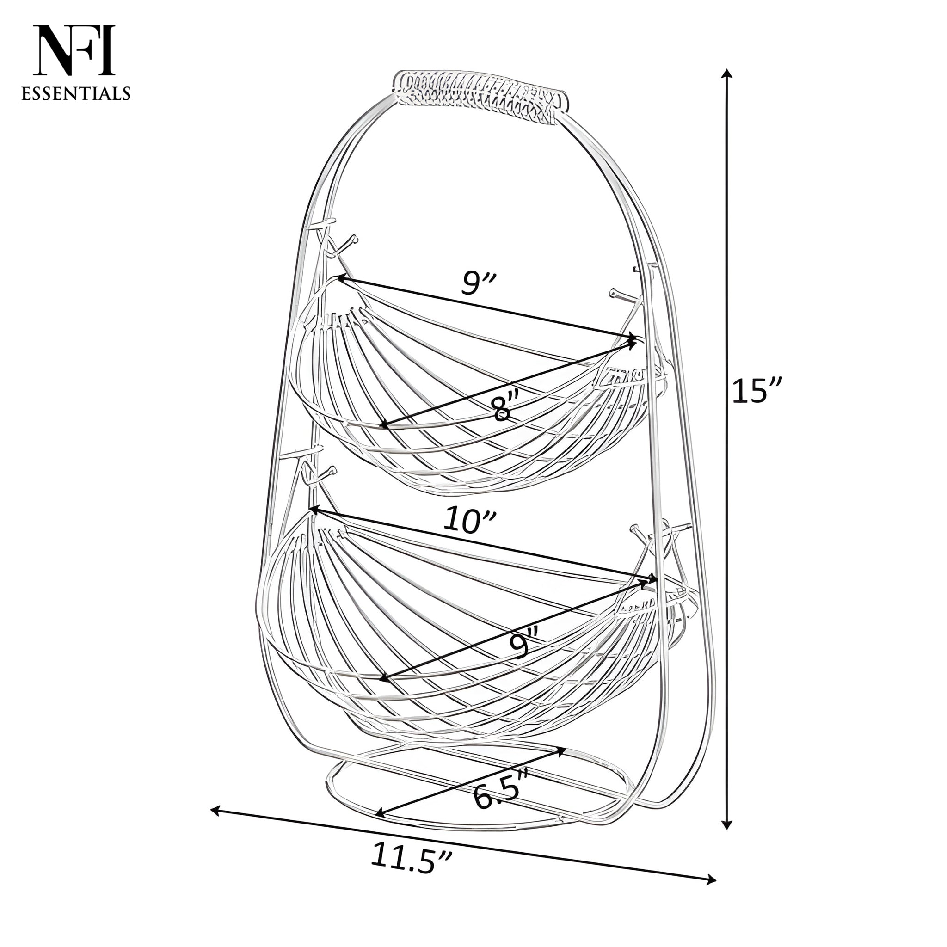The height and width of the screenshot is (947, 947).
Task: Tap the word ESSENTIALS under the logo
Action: coord(76,93)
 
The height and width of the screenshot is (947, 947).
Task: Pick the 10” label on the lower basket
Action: coord(470,521)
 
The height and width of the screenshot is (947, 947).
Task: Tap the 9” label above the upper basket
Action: coord(479,283)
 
